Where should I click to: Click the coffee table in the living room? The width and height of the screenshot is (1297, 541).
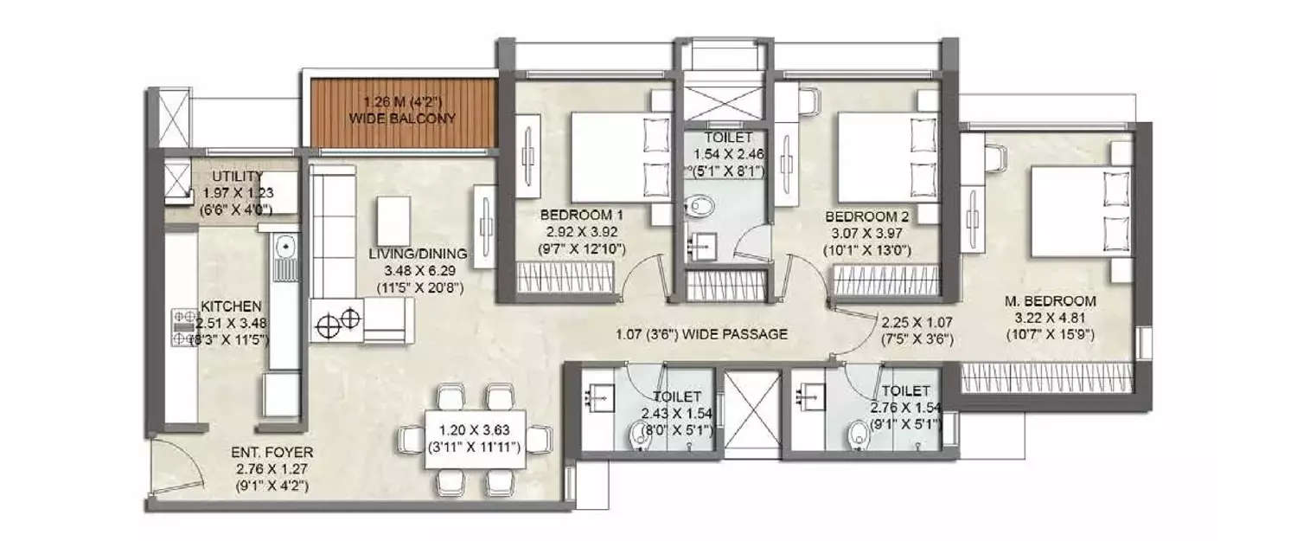pyautogui.click(x=393, y=221)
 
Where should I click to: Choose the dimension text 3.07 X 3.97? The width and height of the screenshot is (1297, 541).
pyautogui.click(x=866, y=233)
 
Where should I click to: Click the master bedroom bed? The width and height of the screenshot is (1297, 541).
pyautogui.click(x=1077, y=212)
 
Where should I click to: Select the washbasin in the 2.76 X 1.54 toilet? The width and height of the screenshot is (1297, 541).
pyautogui.click(x=810, y=395)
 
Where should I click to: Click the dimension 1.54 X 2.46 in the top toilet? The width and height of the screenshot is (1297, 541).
pyautogui.click(x=722, y=153)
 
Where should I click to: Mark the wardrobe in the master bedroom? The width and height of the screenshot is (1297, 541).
pyautogui.click(x=1047, y=377)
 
